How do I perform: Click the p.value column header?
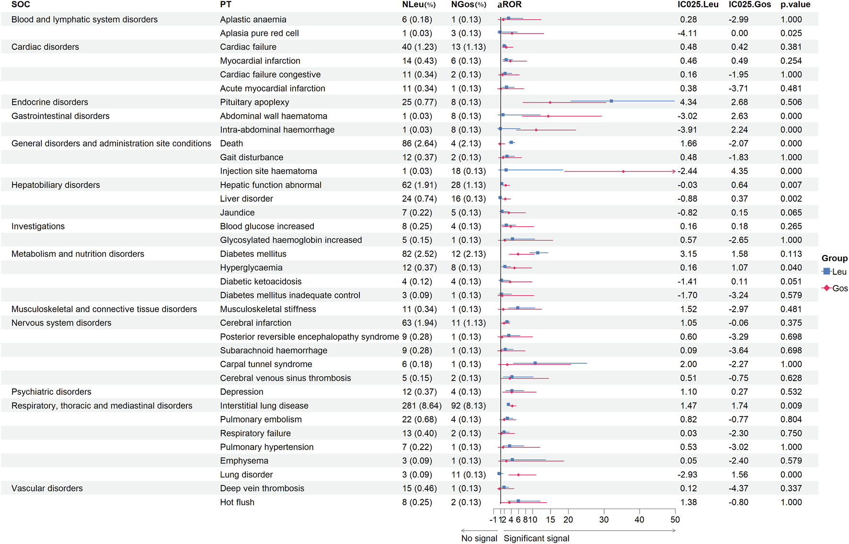click(x=795, y=5)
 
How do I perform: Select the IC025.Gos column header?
click(x=749, y=5)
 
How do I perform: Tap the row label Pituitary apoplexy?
click(x=254, y=102)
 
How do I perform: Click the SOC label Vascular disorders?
click(x=47, y=488)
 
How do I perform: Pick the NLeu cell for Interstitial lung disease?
click(x=422, y=406)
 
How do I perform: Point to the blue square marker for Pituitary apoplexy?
click(x=611, y=101)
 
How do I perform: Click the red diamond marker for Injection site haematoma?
click(x=623, y=172)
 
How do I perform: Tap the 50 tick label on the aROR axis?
click(x=675, y=520)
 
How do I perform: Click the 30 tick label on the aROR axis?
click(x=604, y=520)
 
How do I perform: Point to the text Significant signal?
click(x=536, y=539)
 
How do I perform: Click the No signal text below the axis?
click(x=479, y=539)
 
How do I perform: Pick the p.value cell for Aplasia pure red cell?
click(x=791, y=34)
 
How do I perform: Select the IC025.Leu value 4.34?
click(x=688, y=103)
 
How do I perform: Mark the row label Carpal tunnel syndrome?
click(x=266, y=365)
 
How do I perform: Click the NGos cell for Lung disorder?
click(x=468, y=475)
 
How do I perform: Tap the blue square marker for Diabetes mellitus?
click(x=538, y=253)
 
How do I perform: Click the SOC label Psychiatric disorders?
click(x=51, y=392)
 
